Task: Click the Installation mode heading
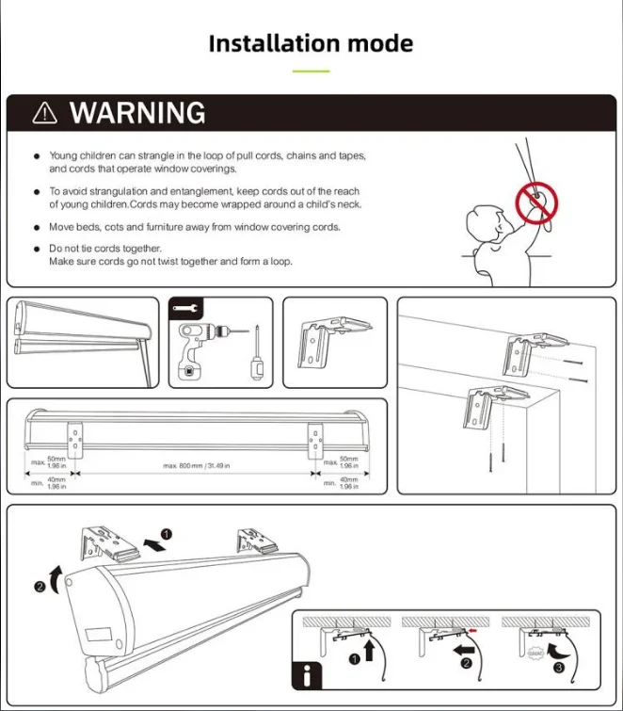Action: (x=311, y=43)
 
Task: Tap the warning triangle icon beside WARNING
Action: (x=44, y=113)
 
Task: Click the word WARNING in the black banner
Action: (x=137, y=113)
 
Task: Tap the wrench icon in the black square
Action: (x=185, y=309)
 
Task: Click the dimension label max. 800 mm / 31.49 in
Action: (x=198, y=465)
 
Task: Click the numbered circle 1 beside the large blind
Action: (x=166, y=535)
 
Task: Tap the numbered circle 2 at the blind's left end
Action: (x=40, y=587)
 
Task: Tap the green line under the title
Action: (x=311, y=71)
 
